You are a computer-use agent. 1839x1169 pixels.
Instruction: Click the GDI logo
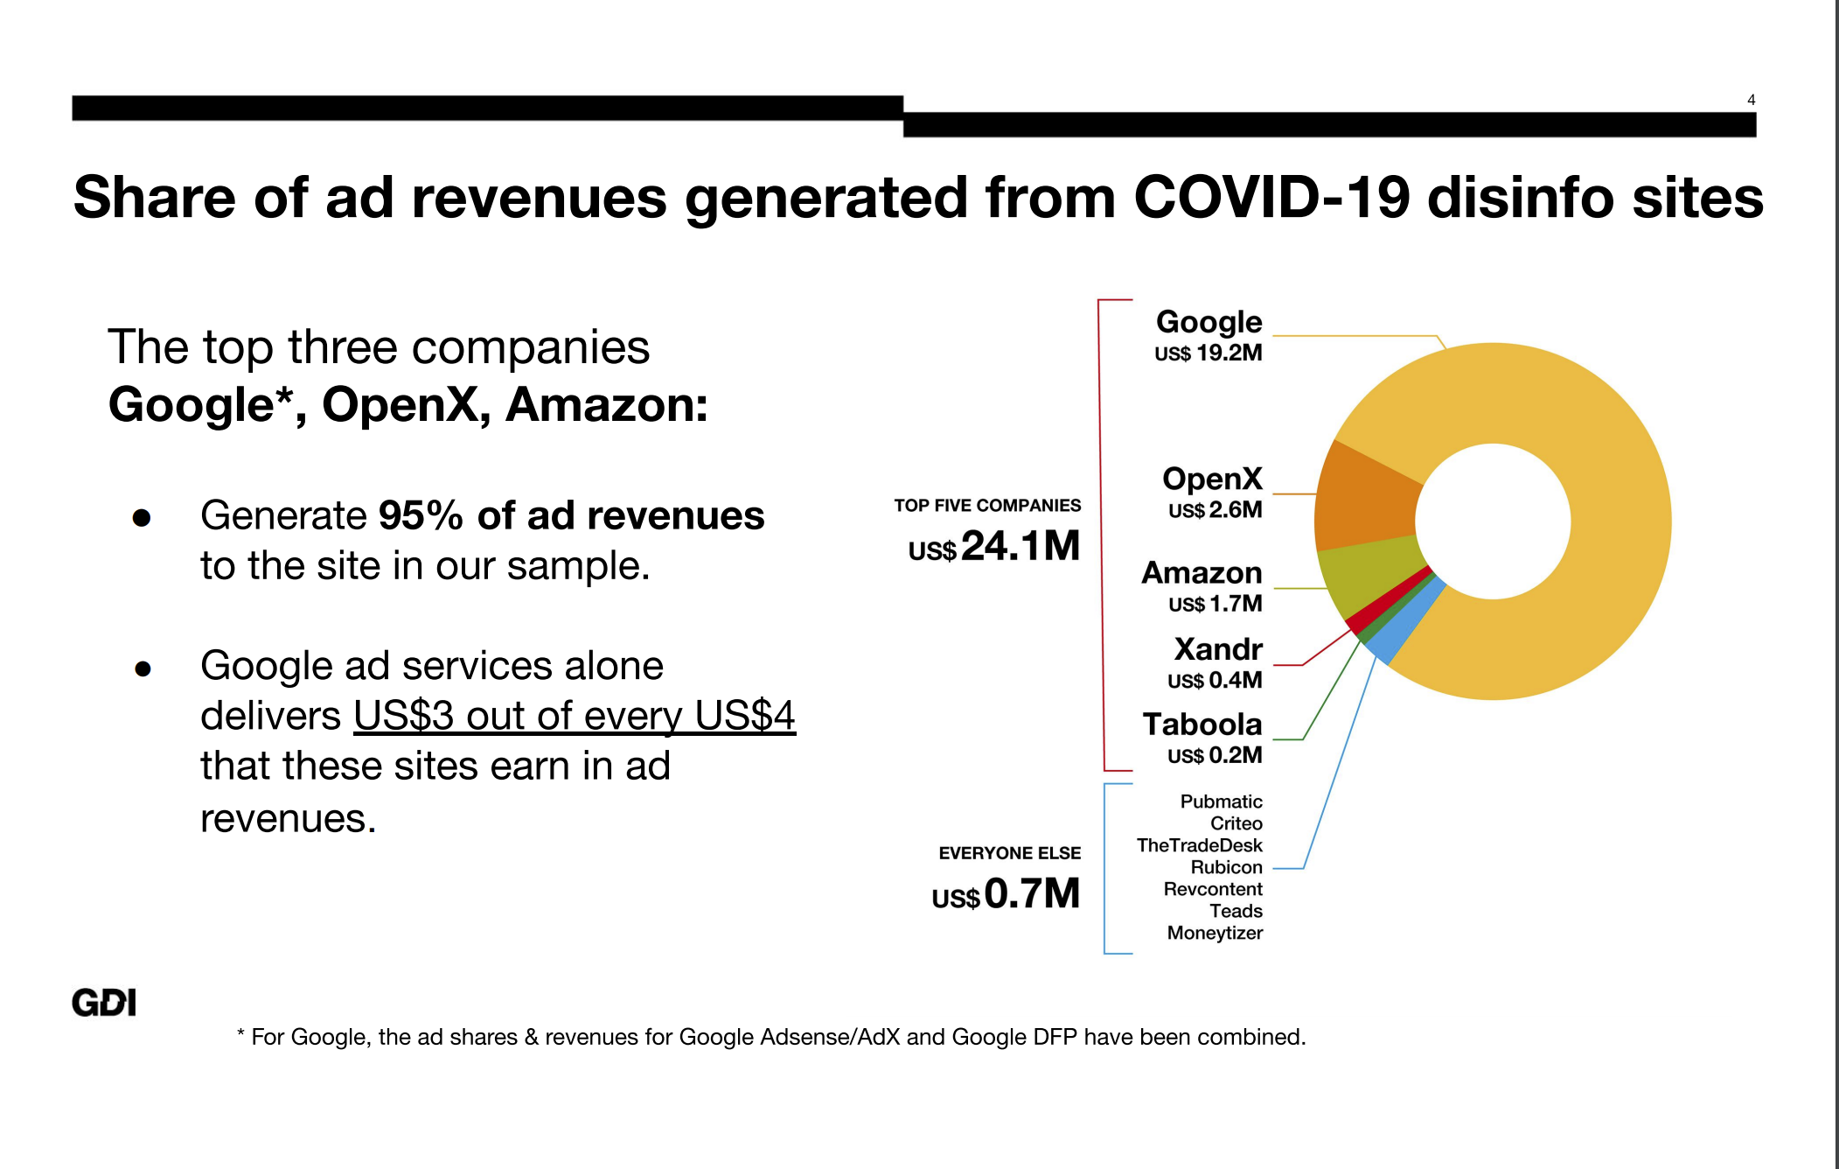point(104,1003)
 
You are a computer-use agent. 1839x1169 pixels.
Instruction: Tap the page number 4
point(1751,100)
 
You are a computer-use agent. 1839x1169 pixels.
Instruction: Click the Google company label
point(1209,322)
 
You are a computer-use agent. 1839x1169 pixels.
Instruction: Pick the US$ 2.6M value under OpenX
point(1215,510)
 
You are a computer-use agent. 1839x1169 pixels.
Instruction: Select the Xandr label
point(1218,649)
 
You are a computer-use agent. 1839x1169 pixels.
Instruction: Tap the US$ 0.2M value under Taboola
point(1215,755)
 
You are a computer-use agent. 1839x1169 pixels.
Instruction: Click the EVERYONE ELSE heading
point(1009,853)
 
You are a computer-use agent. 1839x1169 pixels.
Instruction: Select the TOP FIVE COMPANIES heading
point(987,506)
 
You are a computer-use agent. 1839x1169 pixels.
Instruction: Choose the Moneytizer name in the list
point(1215,933)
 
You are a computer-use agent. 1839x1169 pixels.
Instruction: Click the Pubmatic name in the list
point(1221,801)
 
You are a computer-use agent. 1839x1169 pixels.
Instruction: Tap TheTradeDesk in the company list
point(1199,845)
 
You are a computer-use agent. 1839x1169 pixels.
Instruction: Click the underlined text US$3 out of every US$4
point(574,716)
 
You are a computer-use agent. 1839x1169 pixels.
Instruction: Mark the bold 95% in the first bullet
point(421,515)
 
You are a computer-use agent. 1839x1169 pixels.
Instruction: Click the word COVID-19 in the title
point(1272,198)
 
